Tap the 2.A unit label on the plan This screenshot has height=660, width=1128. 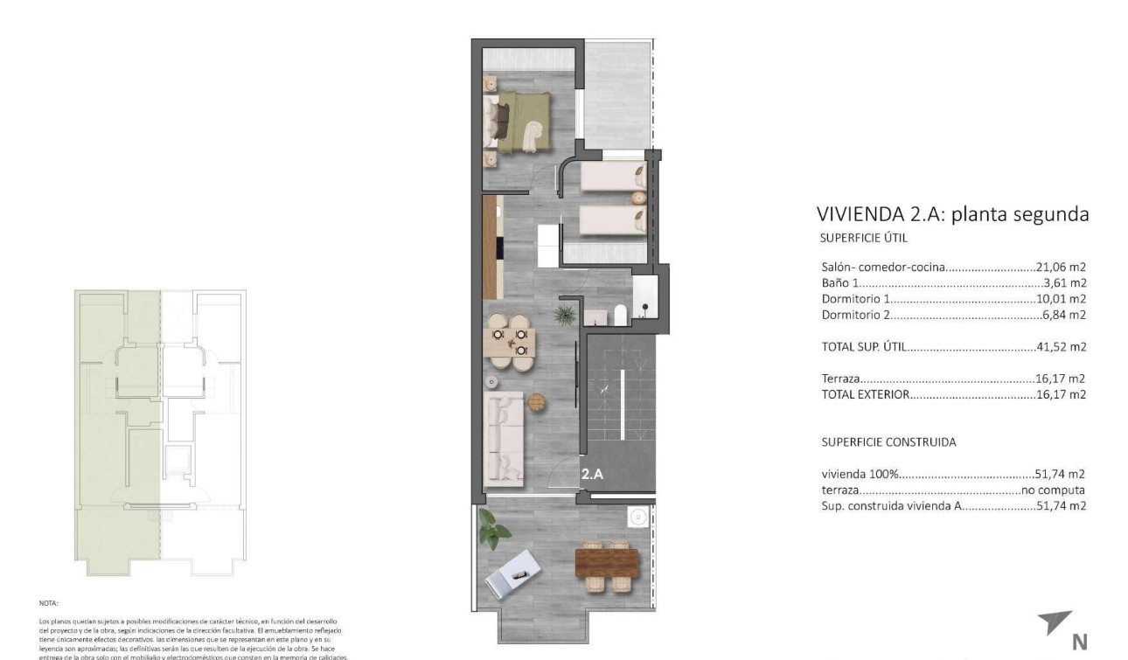coord(592,475)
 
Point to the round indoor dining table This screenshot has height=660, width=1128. coord(509,342)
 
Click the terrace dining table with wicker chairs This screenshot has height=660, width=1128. coord(609,564)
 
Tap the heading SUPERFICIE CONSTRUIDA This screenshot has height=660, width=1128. coord(888,442)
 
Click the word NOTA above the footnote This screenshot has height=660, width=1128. coord(48,603)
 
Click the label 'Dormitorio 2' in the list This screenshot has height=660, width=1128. coord(857,315)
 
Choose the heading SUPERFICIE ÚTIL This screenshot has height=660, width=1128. coord(865,238)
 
